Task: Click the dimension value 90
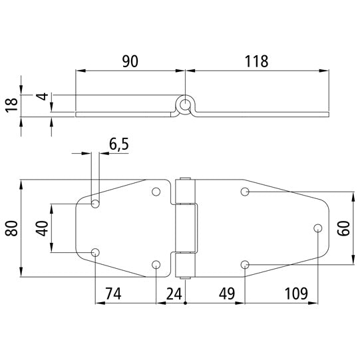click(130, 62)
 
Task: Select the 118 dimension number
click(256, 62)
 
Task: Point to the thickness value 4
click(41, 98)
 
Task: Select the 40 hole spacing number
click(41, 228)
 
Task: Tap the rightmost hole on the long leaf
click(317, 228)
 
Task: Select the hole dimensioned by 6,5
click(95, 203)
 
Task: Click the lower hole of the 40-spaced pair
click(95, 252)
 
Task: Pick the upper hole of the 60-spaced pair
click(246, 192)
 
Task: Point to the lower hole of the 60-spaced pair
click(246, 264)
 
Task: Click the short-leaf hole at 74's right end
click(156, 264)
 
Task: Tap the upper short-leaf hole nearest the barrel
click(156, 192)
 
